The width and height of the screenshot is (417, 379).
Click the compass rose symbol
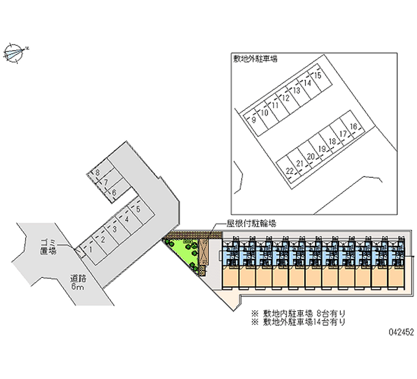tap(14, 53)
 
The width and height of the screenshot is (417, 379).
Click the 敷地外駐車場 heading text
tap(255, 58)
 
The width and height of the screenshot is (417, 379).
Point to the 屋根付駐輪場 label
tap(251, 224)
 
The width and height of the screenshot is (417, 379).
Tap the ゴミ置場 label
tap(48, 247)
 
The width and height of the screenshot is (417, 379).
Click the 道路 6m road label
tap(78, 282)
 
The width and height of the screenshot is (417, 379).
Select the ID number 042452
tap(401, 332)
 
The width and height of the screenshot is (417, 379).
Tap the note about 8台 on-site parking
tap(298, 313)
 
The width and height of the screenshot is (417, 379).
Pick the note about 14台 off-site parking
tap(298, 322)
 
